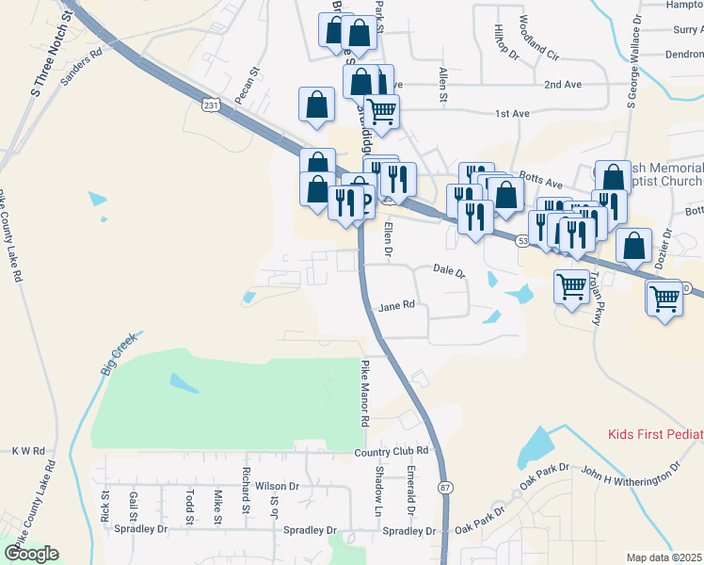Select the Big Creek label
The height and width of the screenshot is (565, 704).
point(118,354)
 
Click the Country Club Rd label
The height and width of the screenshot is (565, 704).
point(392,452)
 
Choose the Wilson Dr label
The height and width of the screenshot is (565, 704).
point(276,487)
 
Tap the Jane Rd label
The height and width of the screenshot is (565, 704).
point(396,306)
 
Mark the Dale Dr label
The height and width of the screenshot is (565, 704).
point(450,271)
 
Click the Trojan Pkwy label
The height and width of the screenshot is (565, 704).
point(596,299)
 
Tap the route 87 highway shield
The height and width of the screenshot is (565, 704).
point(444,487)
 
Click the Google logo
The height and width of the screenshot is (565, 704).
point(31,554)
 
